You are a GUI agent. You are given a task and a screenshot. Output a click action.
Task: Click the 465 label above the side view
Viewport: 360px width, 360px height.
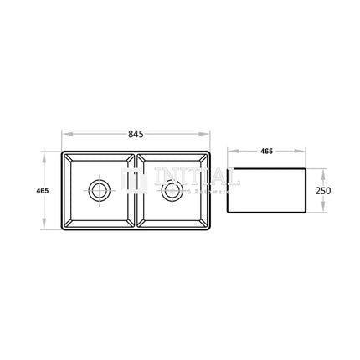(266, 152)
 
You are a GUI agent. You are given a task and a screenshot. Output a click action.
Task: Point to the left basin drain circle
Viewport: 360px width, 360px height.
(99, 189)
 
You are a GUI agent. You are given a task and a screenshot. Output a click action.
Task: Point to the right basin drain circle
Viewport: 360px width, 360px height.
(173, 189)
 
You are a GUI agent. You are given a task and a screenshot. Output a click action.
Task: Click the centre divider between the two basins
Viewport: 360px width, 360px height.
(135, 190)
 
